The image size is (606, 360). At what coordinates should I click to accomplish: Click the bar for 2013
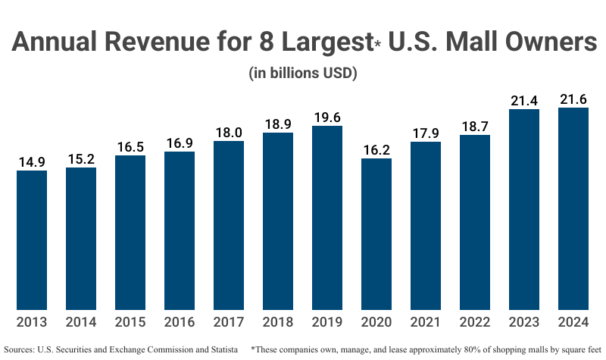[32, 240]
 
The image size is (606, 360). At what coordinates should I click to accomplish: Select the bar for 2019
[327, 218]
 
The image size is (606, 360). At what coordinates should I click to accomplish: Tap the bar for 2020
[376, 234]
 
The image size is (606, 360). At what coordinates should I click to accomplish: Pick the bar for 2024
[573, 208]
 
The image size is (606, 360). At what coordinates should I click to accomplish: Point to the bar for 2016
[180, 231]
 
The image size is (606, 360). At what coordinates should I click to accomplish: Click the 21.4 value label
[524, 101]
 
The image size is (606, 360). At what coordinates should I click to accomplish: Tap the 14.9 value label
[32, 161]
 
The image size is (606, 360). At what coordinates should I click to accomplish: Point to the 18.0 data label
[229, 132]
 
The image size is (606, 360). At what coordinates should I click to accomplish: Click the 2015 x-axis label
[130, 321]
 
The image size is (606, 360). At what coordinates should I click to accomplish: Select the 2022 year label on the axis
[475, 321]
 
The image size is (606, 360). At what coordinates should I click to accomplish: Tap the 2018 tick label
[278, 321]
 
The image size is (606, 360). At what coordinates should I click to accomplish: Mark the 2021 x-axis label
[426, 321]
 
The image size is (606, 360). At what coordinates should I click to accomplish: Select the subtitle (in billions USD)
[303, 74]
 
